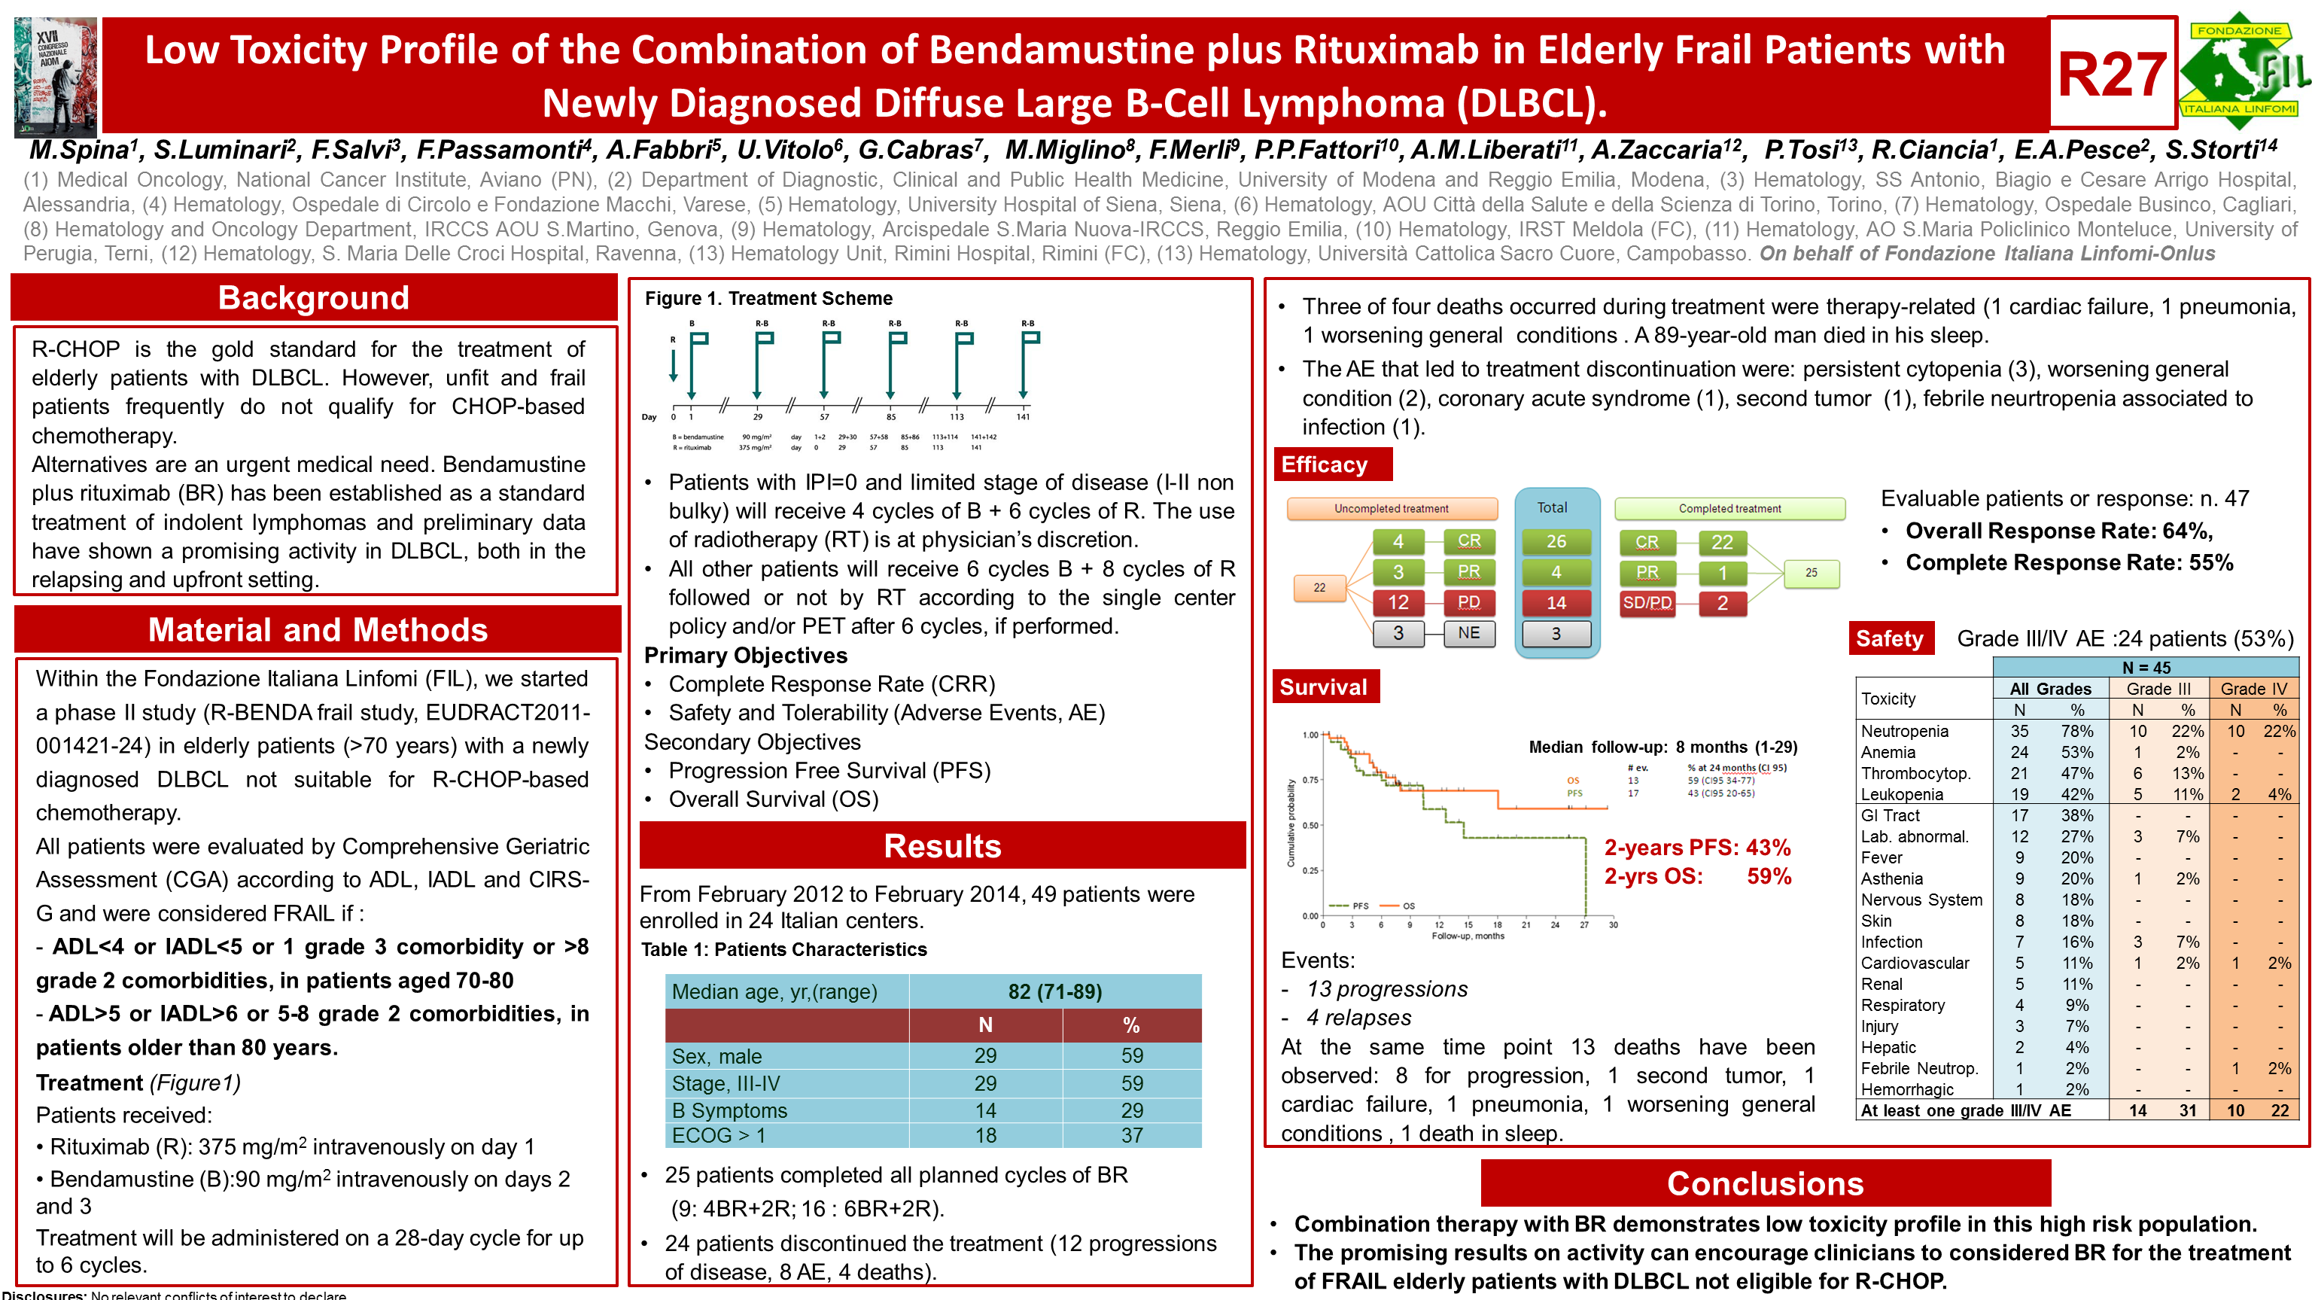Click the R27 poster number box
[2112, 74]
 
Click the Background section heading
[313, 298]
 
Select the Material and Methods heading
[318, 630]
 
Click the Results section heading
[942, 846]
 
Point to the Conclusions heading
[1765, 1183]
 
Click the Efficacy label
[1325, 464]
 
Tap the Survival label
[1324, 687]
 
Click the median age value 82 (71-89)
[1054, 992]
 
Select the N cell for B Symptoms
[985, 1110]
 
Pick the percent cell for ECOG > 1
[1132, 1136]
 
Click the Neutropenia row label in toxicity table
[1905, 732]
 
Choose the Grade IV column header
[2253, 689]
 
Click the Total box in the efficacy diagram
[1552, 508]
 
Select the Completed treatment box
[1729, 509]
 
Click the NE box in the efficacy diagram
[1468, 633]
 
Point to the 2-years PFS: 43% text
[1697, 848]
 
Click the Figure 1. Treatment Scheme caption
[768, 299]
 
